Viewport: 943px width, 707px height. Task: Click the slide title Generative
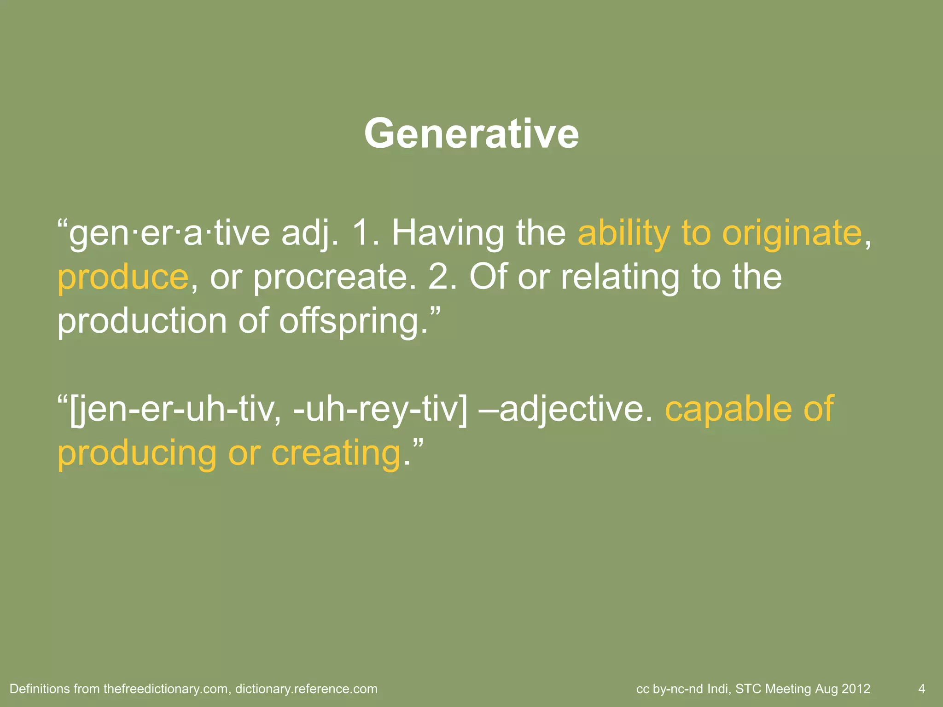[x=471, y=134]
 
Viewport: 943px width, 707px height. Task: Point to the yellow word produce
[x=123, y=277]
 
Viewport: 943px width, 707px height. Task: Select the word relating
[x=620, y=277]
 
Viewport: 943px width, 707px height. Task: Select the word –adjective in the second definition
[x=566, y=409]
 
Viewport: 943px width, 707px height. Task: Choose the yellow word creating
[x=336, y=453]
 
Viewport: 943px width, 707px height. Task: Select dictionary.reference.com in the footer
[x=306, y=689]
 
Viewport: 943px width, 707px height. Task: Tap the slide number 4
[x=921, y=689]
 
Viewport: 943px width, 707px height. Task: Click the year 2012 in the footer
[x=856, y=689]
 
